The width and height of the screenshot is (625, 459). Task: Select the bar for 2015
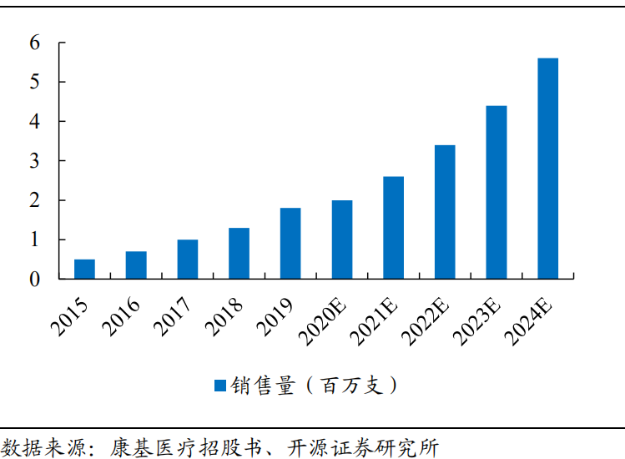click(x=84, y=269)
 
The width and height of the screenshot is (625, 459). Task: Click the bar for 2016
click(x=136, y=265)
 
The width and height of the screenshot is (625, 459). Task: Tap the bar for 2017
click(x=188, y=259)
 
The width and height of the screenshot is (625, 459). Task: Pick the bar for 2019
click(x=290, y=243)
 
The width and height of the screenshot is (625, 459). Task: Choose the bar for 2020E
click(x=342, y=239)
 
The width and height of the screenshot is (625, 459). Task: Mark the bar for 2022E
click(x=445, y=211)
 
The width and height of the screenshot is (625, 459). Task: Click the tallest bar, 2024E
click(x=548, y=168)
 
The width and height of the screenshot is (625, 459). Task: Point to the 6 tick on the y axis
click(x=34, y=43)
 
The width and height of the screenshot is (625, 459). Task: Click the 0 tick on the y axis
click(x=34, y=280)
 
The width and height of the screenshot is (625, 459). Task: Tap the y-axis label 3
click(x=34, y=161)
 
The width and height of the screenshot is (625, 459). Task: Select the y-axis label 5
click(x=34, y=82)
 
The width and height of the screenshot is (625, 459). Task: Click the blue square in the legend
click(x=220, y=386)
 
